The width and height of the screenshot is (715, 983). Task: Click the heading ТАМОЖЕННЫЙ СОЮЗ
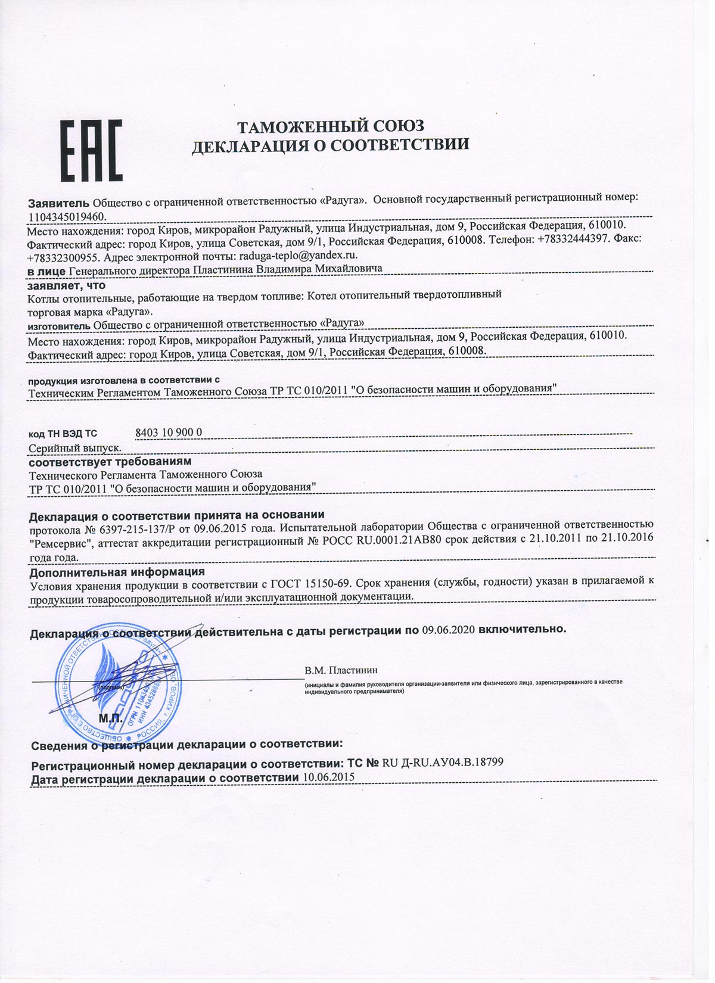tap(331, 126)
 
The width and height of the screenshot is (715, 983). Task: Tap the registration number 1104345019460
tap(67, 217)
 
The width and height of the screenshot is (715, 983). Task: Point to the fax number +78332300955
tap(64, 258)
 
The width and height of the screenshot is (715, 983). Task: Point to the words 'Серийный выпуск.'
tap(75, 448)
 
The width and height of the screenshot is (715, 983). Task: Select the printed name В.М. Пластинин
tap(341, 670)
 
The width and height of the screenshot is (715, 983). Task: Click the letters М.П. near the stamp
tap(110, 718)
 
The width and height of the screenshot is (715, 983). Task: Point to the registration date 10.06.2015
tap(328, 777)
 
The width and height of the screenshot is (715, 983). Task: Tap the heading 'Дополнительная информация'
tap(117, 572)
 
